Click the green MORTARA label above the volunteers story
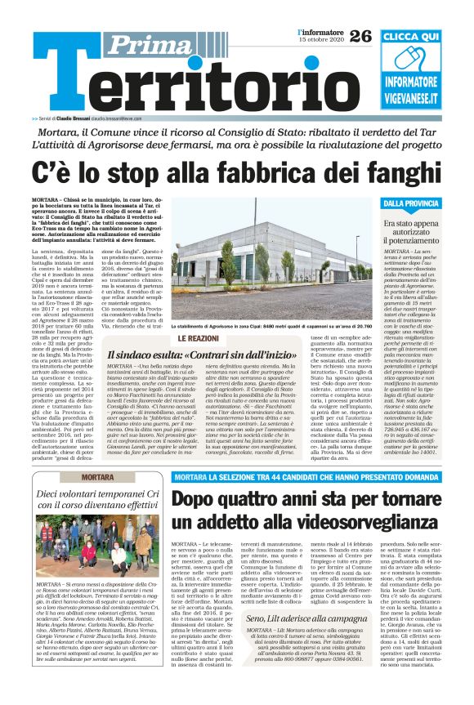pos(103,476)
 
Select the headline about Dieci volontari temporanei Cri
pos(102,500)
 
